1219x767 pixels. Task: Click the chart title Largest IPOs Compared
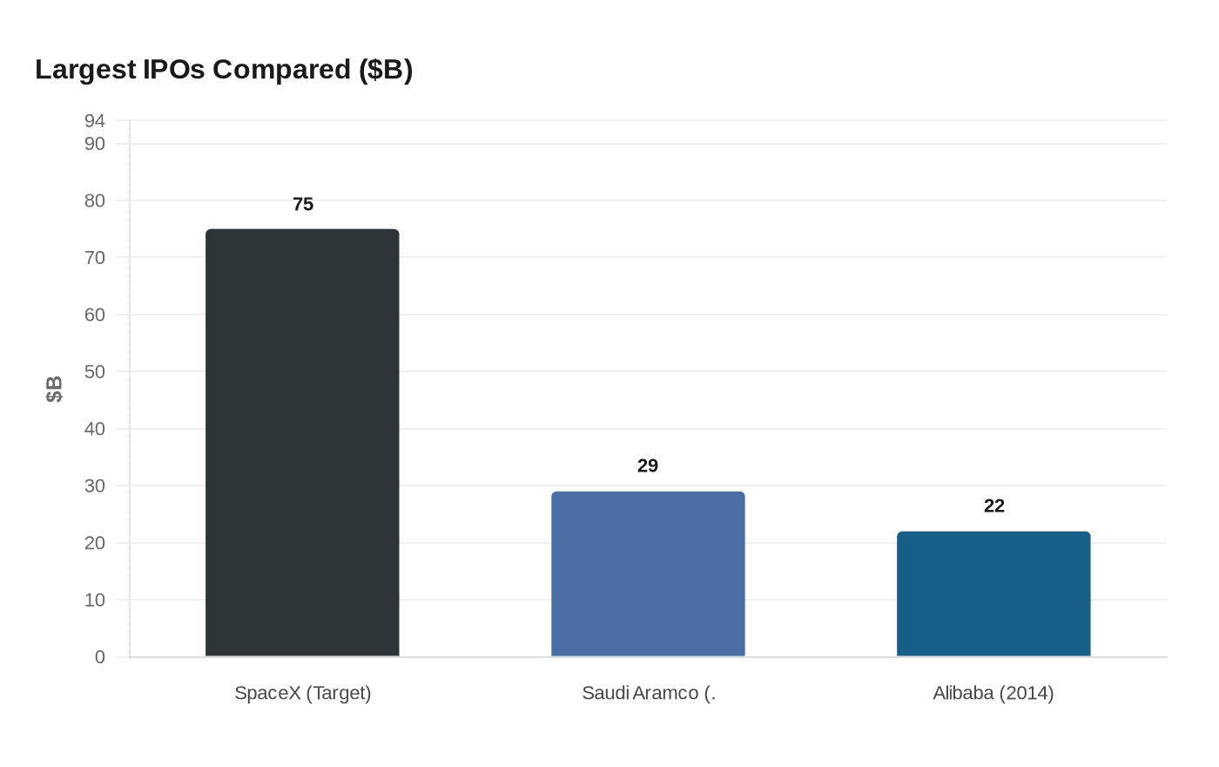click(x=224, y=70)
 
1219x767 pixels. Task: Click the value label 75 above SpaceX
click(x=303, y=205)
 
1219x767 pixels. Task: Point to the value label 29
click(x=648, y=466)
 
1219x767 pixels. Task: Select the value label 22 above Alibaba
click(x=993, y=506)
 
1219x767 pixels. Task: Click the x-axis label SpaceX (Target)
click(x=303, y=694)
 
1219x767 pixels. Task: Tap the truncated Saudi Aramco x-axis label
click(x=648, y=694)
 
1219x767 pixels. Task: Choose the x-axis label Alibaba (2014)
click(x=993, y=694)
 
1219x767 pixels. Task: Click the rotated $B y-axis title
click(x=54, y=389)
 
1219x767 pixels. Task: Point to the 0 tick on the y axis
click(x=100, y=657)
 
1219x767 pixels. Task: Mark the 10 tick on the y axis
click(x=95, y=601)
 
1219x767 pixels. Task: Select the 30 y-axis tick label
click(x=95, y=486)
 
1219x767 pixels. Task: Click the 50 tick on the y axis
click(x=95, y=372)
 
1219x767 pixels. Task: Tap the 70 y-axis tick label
click(x=95, y=258)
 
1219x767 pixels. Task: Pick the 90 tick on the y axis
click(x=95, y=144)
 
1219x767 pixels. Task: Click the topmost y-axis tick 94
click(x=95, y=120)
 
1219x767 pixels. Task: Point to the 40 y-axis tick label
click(x=95, y=429)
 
